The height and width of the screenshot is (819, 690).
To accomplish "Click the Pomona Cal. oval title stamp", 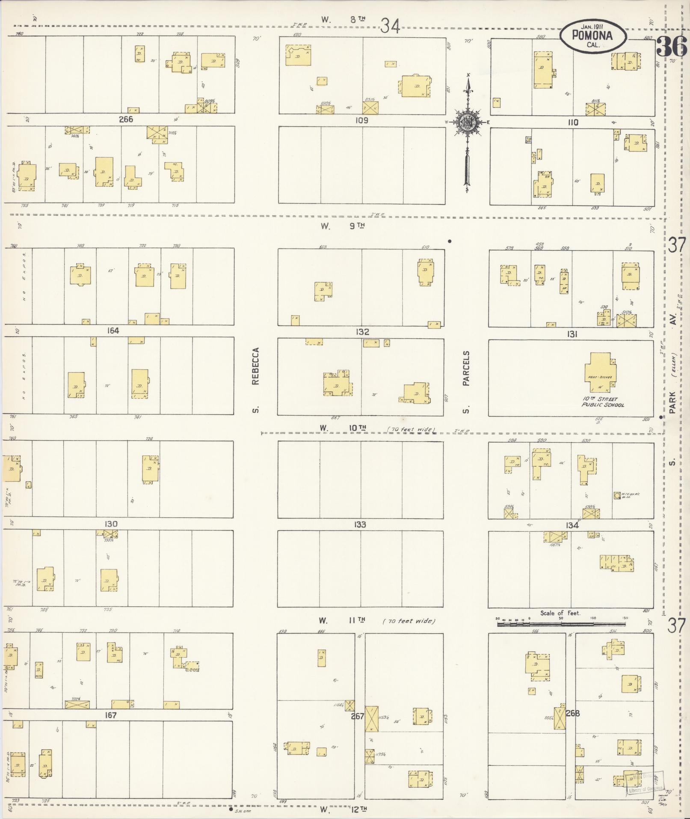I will click(593, 36).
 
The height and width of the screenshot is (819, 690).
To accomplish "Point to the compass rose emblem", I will click(467, 123).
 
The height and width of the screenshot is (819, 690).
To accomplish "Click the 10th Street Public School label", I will click(602, 402).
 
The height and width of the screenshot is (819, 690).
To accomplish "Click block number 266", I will click(126, 119).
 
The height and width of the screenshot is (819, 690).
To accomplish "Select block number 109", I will click(361, 120).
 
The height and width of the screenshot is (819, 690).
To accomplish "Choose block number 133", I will click(360, 524).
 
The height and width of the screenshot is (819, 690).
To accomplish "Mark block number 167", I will click(110, 715).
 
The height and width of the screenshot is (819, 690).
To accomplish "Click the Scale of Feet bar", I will click(560, 625).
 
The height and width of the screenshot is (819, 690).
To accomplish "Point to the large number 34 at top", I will click(390, 27).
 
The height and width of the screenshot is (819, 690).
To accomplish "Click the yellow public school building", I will click(601, 372).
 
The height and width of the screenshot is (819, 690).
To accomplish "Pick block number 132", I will click(361, 332).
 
